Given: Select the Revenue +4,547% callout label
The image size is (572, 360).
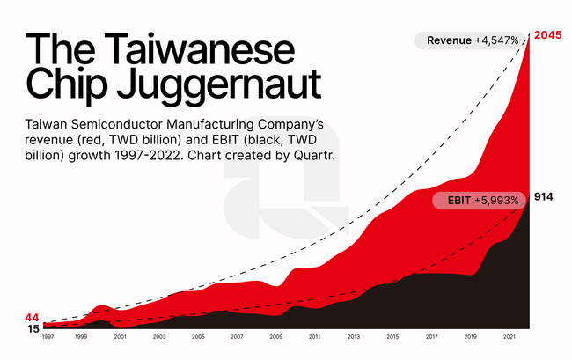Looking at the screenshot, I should (471, 40).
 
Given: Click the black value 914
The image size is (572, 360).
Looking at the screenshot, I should (543, 196).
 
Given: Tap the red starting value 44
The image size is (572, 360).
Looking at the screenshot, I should (33, 317).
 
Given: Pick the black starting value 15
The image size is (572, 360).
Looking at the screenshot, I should (33, 329).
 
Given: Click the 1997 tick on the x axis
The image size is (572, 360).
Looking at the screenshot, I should (48, 337).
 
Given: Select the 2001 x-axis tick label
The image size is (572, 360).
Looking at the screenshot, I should (121, 337).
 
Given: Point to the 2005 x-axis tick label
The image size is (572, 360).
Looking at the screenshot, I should (198, 337).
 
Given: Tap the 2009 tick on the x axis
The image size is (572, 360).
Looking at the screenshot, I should (275, 337).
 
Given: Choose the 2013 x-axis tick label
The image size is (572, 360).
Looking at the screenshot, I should (353, 337).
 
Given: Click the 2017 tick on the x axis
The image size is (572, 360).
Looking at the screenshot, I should (431, 337).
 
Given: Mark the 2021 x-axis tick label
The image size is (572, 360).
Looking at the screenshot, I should (509, 337).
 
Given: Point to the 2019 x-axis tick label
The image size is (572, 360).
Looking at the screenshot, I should (470, 337).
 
